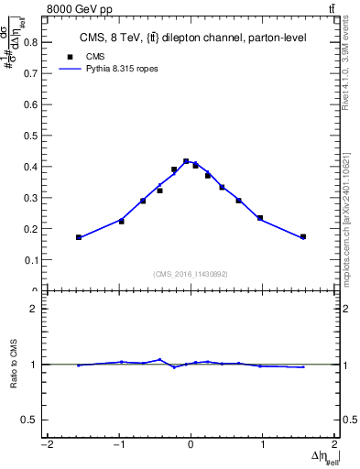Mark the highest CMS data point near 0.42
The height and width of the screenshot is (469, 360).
coord(186,161)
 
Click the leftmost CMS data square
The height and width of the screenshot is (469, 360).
coord(79,237)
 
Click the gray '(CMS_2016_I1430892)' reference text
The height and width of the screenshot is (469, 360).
coord(191,273)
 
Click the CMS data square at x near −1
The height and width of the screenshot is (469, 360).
coord(121,222)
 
